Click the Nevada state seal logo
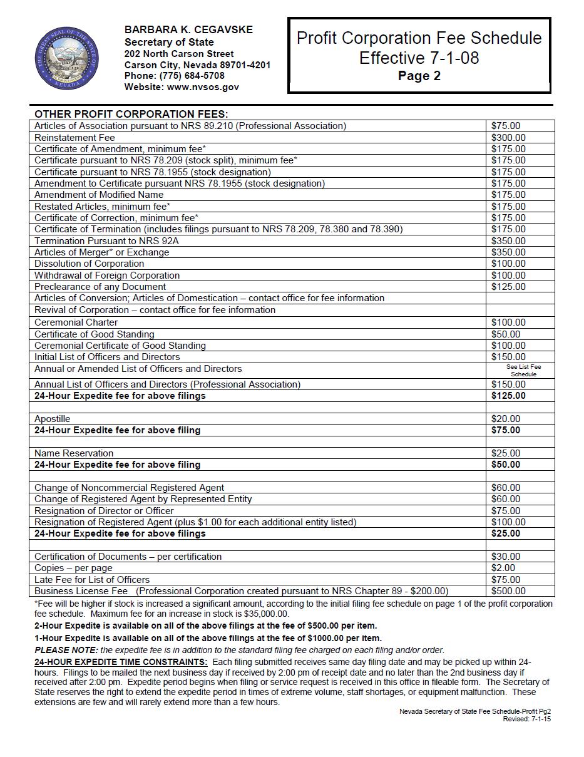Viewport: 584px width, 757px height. click(x=67, y=59)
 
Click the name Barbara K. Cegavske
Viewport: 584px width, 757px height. click(x=188, y=29)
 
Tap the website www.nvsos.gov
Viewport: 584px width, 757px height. click(x=203, y=87)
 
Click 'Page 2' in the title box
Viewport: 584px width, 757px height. click(x=419, y=76)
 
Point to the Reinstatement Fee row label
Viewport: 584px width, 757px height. click(x=74, y=137)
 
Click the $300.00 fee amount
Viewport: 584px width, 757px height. click(x=508, y=137)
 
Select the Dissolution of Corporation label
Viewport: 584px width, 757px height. click(x=89, y=264)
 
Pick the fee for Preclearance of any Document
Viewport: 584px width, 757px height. click(x=508, y=287)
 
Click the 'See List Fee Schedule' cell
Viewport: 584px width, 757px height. click(x=523, y=370)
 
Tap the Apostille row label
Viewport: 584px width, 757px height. click(x=53, y=419)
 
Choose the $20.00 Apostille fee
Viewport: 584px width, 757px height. click(x=506, y=419)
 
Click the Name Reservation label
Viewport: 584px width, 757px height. click(x=74, y=453)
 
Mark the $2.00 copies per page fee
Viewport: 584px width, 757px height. click(x=503, y=568)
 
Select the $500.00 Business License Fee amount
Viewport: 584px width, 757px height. click(x=508, y=591)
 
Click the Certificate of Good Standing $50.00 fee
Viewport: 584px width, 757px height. click(x=506, y=334)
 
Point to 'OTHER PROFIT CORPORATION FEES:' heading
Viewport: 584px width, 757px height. click(x=131, y=114)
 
